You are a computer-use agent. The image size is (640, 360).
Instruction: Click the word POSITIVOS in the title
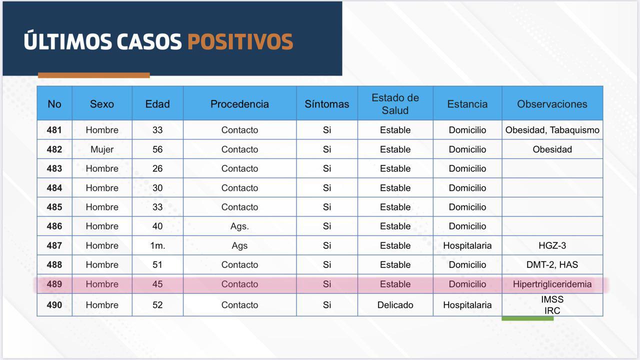click(x=240, y=41)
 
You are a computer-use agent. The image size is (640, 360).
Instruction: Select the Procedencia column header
click(x=239, y=104)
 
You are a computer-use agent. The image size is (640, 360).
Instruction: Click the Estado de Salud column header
click(x=395, y=104)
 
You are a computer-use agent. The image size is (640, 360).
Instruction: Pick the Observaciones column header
click(x=552, y=104)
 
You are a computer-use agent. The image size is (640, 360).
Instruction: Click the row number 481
click(x=54, y=130)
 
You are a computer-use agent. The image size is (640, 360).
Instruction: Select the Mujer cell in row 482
click(x=102, y=149)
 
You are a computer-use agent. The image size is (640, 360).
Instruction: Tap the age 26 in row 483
click(x=157, y=168)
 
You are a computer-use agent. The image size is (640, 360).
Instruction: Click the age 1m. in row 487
click(x=157, y=245)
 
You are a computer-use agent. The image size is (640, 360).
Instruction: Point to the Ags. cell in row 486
click(x=239, y=226)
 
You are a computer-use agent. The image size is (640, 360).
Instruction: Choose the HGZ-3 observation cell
click(x=552, y=245)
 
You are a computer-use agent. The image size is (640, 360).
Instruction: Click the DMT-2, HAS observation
click(x=552, y=265)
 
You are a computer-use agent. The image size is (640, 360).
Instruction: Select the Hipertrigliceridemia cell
click(x=552, y=284)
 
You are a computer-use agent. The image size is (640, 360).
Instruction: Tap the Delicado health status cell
click(x=395, y=305)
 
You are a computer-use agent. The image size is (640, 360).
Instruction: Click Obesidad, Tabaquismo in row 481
click(x=552, y=130)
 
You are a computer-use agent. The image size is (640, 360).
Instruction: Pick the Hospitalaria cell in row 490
click(x=467, y=305)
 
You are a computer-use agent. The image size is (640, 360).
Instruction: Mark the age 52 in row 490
click(x=157, y=305)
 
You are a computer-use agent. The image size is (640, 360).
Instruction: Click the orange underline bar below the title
click(x=93, y=75)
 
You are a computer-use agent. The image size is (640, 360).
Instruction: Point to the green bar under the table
click(x=527, y=318)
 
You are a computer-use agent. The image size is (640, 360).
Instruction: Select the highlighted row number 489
click(x=54, y=284)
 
